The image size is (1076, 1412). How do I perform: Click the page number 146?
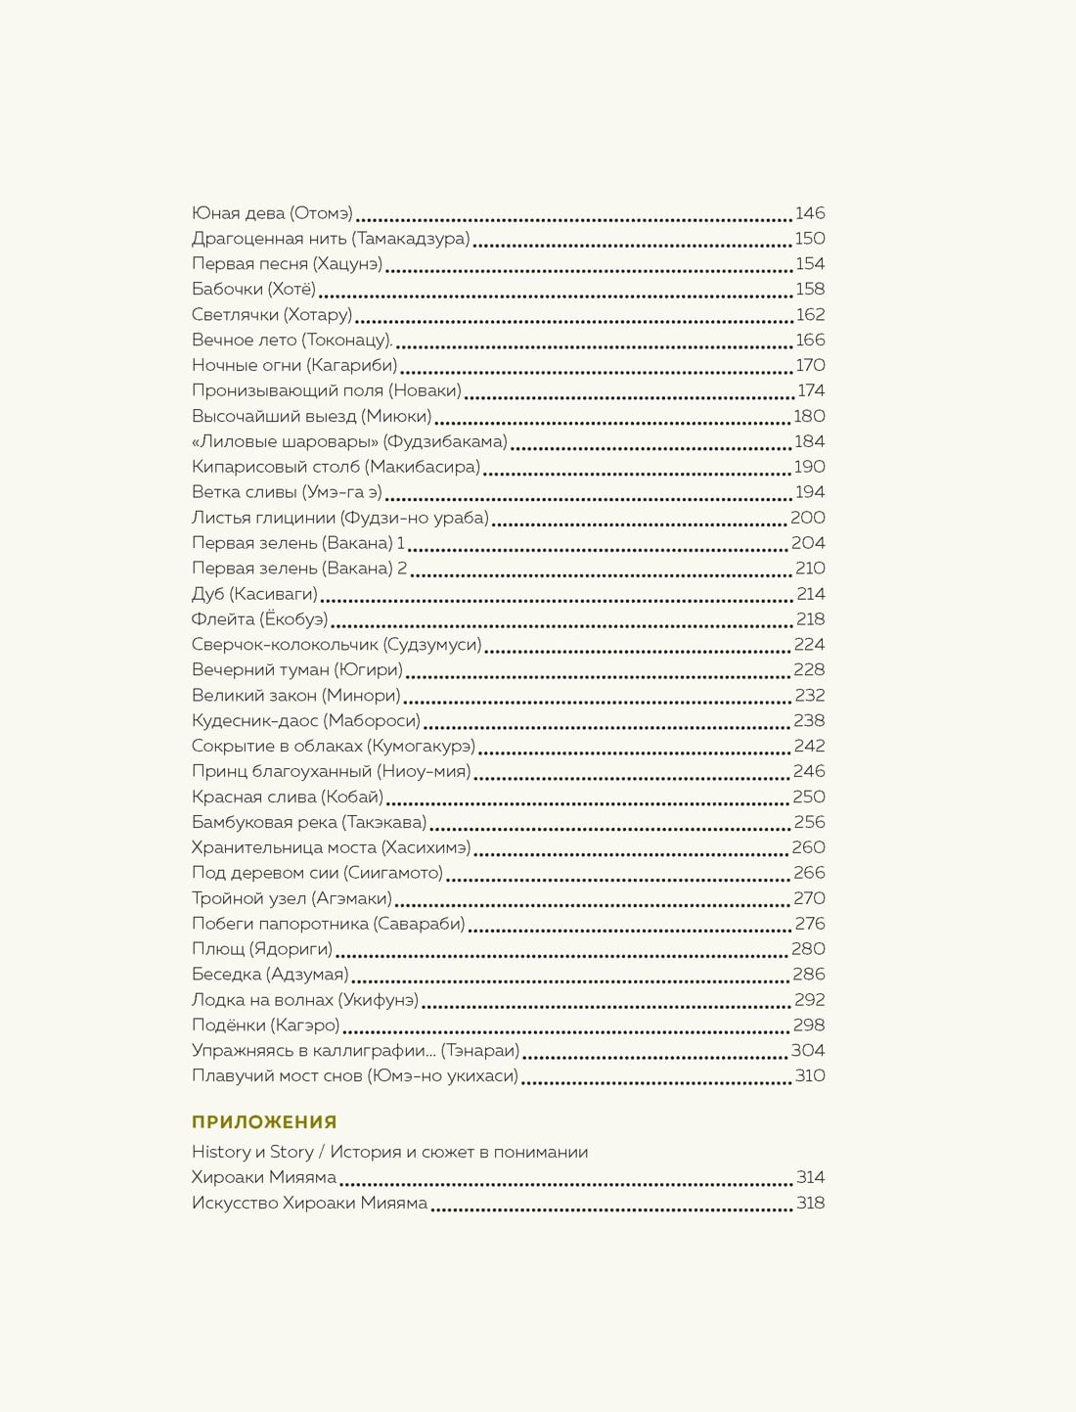[x=809, y=213]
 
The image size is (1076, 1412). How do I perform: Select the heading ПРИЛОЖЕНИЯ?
[x=264, y=1122]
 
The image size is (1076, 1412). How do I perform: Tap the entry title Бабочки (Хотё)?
[x=254, y=290]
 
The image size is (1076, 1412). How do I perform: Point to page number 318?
[x=810, y=1204]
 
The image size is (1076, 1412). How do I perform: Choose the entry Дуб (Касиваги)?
[x=254, y=594]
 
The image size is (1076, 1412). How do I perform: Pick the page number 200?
[x=808, y=518]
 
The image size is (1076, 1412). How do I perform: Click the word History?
[x=221, y=1153]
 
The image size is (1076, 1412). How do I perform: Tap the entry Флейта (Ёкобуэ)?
[x=259, y=619]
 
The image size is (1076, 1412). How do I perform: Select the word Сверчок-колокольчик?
[x=285, y=645]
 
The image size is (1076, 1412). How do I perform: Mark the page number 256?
[x=809, y=822]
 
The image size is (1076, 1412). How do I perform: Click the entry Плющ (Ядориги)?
[x=262, y=949]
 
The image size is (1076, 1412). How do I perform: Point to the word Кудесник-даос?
[x=255, y=721]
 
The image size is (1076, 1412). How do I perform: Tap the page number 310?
[x=809, y=1076]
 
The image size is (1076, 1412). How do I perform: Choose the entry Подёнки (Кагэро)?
[x=266, y=1025]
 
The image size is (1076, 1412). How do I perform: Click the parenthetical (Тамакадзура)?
[x=411, y=239]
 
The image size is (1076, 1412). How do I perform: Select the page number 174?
[x=811, y=390]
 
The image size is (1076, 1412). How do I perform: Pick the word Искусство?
[x=235, y=1204]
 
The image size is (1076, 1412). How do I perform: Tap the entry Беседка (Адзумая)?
[x=270, y=975]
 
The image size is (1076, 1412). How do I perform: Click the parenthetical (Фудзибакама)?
[x=445, y=441]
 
